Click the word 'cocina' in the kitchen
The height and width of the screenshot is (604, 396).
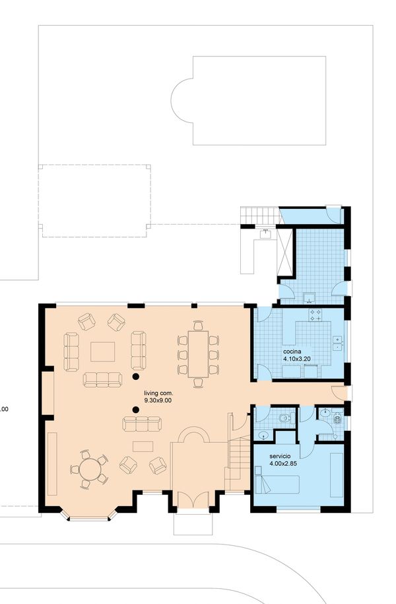click(x=292, y=352)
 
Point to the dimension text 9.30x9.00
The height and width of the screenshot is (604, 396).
click(x=158, y=400)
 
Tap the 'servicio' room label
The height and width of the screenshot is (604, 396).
click(x=277, y=457)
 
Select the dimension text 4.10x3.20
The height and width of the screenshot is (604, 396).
click(x=297, y=359)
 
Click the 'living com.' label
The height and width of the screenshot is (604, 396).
click(x=158, y=394)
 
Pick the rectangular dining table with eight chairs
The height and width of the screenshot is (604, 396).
click(x=198, y=354)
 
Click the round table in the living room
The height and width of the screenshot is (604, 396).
click(x=90, y=469)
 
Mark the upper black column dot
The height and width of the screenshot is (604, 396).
click(x=135, y=377)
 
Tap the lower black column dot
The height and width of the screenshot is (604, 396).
click(x=135, y=410)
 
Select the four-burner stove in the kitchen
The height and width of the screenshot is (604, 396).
click(x=316, y=315)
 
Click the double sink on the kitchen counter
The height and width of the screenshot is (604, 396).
click(x=337, y=343)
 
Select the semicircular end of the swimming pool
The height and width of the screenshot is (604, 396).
click(x=181, y=101)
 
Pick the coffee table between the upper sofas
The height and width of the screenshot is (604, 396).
click(x=102, y=352)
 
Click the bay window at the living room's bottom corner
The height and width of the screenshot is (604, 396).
click(x=88, y=515)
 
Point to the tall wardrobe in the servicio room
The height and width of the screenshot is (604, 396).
click(x=337, y=475)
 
